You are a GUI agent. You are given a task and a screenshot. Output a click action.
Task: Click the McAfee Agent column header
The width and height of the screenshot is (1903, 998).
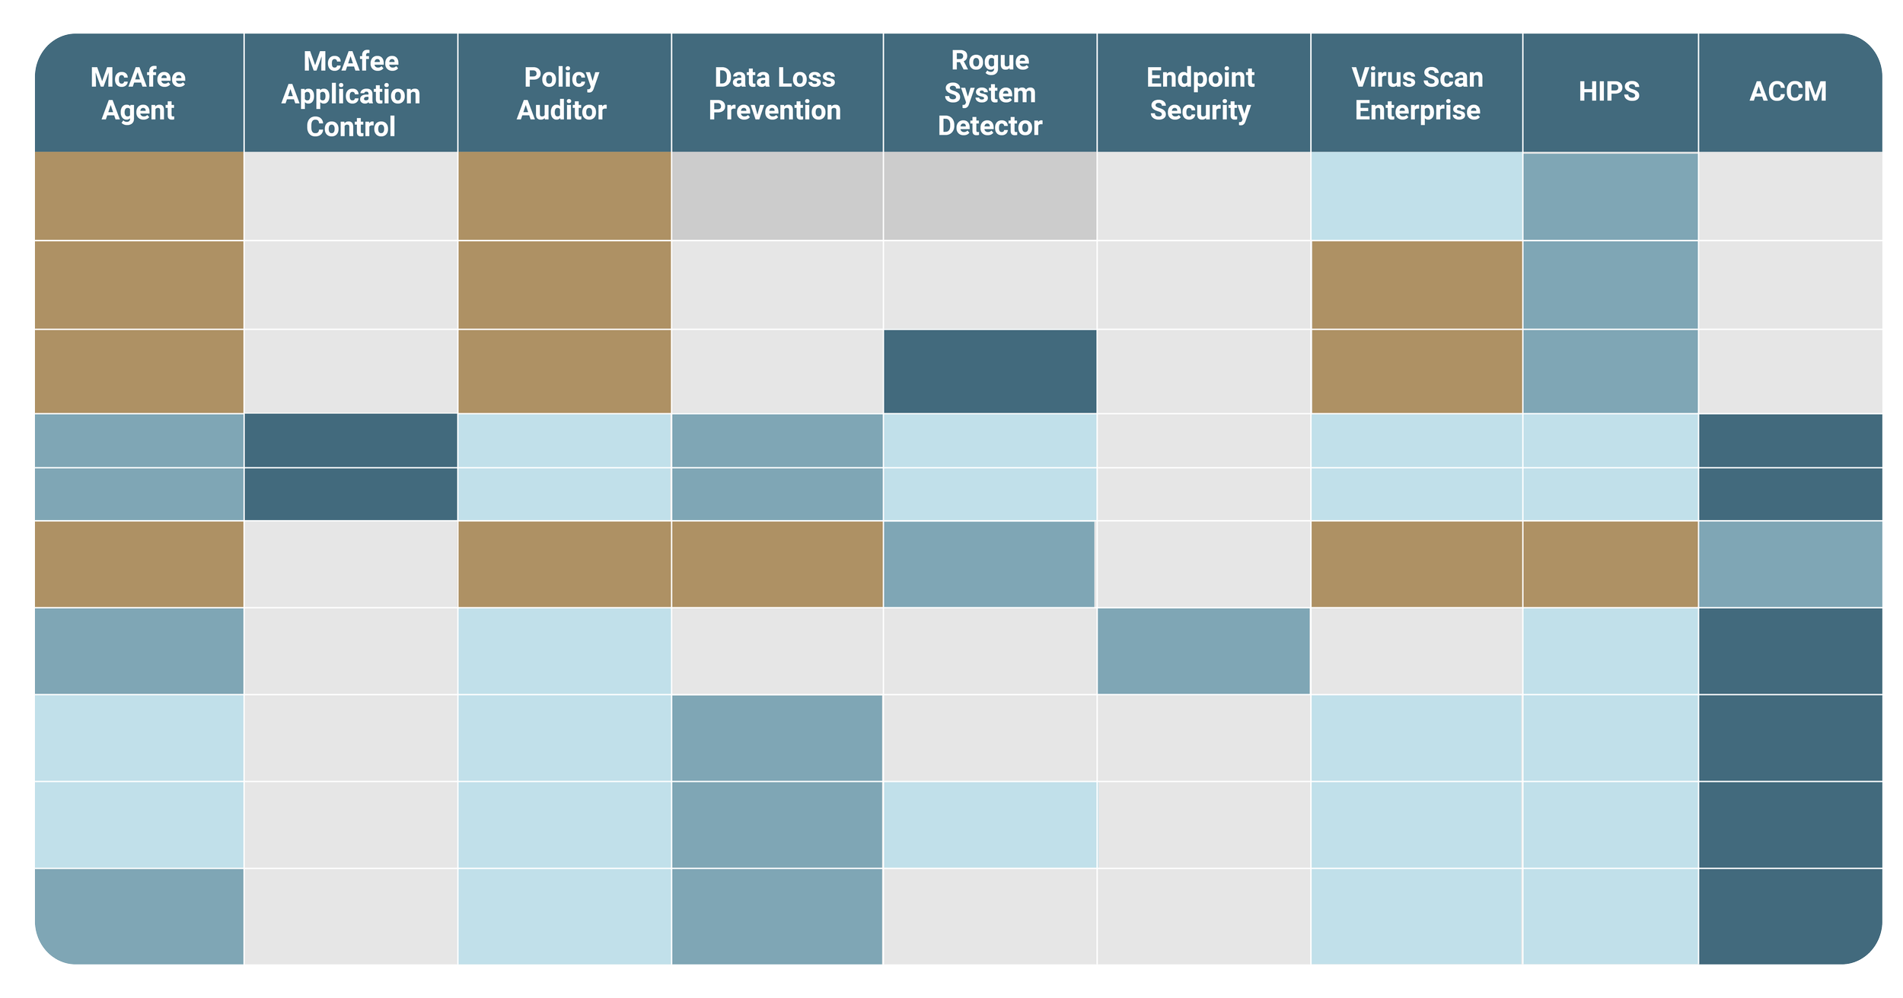pos(138,94)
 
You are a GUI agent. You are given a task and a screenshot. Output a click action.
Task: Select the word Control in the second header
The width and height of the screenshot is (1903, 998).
pos(350,126)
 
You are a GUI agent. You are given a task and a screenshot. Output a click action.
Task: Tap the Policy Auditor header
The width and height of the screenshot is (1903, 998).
pos(562,94)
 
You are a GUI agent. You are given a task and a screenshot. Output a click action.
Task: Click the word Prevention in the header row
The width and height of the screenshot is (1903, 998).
pos(774,110)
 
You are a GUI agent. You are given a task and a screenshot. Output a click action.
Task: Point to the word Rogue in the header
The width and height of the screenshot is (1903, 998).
pos(990,60)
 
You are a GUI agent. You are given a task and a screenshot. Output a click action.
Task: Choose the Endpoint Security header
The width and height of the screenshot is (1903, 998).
pos(1200,94)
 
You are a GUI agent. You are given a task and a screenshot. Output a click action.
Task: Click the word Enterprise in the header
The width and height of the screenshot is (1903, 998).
pos(1417,110)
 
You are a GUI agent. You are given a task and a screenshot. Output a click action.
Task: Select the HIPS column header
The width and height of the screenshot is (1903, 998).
pos(1608,91)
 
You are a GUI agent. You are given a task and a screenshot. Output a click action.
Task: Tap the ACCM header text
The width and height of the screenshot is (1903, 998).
pos(1787,91)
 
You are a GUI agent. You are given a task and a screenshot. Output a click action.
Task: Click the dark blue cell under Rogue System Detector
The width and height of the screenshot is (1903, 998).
pos(990,371)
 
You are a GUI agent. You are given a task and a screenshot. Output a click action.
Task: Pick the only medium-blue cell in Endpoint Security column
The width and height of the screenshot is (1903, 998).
pos(1203,651)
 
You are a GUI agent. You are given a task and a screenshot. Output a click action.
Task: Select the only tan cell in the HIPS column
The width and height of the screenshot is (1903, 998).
pos(1610,564)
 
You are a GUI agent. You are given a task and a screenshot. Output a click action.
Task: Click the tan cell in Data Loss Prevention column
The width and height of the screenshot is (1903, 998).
pos(776,564)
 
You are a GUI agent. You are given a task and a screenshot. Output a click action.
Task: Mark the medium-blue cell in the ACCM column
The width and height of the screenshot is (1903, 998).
pos(1790,564)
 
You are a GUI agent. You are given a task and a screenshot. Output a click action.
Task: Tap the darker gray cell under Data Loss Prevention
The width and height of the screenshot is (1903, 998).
pos(776,196)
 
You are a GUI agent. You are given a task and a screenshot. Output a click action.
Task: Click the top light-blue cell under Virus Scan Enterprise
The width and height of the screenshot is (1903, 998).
pos(1416,196)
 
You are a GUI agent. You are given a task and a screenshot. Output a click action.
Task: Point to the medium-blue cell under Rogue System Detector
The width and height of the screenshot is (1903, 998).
pos(988,564)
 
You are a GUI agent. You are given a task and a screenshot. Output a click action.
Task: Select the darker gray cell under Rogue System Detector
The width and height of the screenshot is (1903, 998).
pos(990,196)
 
